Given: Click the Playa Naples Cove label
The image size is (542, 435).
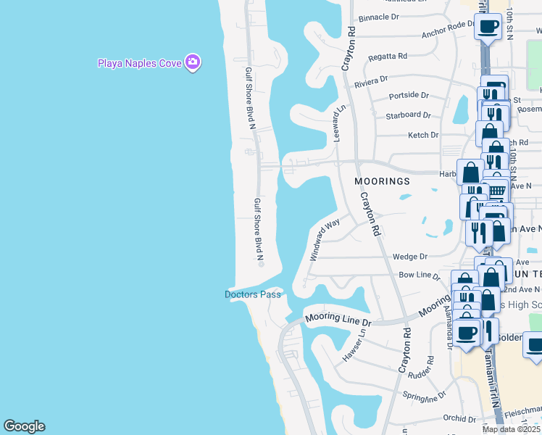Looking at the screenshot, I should pyautogui.click(x=139, y=63).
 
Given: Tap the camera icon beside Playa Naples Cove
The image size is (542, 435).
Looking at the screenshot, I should pyautogui.click(x=192, y=62).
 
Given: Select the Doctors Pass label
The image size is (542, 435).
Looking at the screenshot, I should pyautogui.click(x=252, y=294).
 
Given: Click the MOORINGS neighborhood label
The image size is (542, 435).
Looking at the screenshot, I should pyautogui.click(x=382, y=181).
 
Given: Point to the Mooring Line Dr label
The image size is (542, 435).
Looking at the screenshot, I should pyautogui.click(x=338, y=318).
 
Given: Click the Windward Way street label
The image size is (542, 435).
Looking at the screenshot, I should pyautogui.click(x=325, y=240).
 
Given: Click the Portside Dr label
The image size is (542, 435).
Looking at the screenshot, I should pyautogui.click(x=409, y=95).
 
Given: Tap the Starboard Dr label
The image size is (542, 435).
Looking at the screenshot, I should pyautogui.click(x=409, y=115).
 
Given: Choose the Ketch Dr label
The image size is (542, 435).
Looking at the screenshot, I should pyautogui.click(x=423, y=135).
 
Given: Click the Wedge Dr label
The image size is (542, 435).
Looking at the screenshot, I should pyautogui.click(x=410, y=257).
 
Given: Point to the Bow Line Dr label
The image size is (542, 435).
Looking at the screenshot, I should pyautogui.click(x=419, y=275).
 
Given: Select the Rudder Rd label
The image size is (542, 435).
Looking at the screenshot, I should pyautogui.click(x=420, y=375).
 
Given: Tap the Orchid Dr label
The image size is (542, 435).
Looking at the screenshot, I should pyautogui.click(x=459, y=418).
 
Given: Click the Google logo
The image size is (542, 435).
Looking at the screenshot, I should pyautogui.click(x=24, y=426).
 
